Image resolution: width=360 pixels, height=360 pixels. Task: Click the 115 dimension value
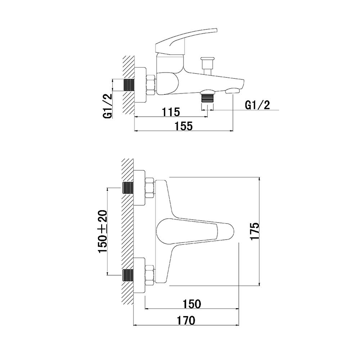171,112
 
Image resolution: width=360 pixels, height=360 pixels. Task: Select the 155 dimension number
184,126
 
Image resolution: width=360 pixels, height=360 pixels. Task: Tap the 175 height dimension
255,231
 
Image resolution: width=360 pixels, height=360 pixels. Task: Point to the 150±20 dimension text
103,231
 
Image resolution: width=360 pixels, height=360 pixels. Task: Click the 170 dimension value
186,320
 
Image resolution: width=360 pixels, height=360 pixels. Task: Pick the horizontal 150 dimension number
192,304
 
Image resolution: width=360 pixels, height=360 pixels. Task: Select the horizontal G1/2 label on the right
258,105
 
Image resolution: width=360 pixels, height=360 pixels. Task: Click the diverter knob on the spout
208,66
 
